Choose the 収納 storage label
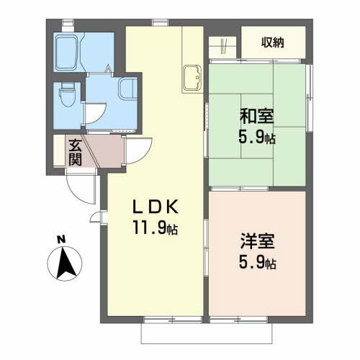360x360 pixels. coord(273,42)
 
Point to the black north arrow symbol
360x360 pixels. coord(65,264)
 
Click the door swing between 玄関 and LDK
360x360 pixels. coord(137,150)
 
